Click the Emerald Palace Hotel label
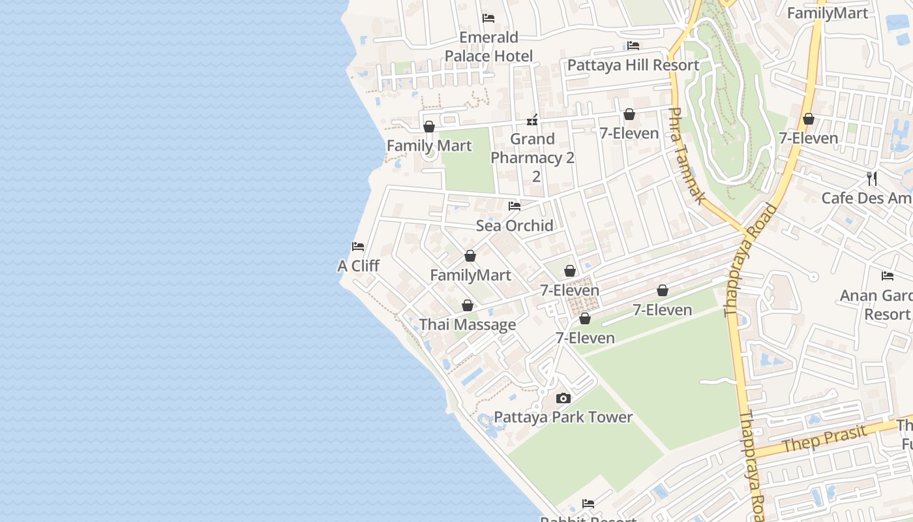[488, 46]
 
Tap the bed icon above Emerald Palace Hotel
[488, 18]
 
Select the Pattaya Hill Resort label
[633, 65]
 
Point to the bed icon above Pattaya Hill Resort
[633, 46]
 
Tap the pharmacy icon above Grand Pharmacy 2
[533, 120]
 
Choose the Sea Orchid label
[515, 226]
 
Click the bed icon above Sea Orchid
[515, 206]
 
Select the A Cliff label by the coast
[358, 266]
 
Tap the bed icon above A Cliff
[358, 247]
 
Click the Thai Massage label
[468, 325]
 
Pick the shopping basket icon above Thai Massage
[468, 305]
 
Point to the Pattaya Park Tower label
[563, 418]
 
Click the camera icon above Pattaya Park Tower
[563, 398]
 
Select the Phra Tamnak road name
[686, 157]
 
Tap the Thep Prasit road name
[825, 438]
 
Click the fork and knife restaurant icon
[872, 178]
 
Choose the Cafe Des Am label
[867, 198]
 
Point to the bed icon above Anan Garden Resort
[888, 276]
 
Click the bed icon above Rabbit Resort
[588, 504]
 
